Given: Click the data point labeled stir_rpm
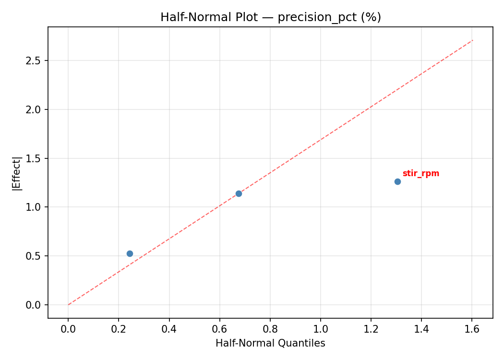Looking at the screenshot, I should tap(397, 181).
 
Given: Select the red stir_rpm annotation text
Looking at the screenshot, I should tap(420, 174).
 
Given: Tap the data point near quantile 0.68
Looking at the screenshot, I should tap(239, 193).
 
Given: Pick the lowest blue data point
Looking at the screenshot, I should tap(130, 253).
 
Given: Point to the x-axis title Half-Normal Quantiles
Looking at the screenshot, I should tap(270, 343).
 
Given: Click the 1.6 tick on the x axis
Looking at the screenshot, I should tap(472, 329).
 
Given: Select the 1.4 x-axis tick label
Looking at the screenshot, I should tap(421, 329).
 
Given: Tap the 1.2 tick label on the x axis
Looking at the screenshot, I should tap(371, 329).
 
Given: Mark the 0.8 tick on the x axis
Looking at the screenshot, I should tap(270, 329).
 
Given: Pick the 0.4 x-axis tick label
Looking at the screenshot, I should tap(169, 329).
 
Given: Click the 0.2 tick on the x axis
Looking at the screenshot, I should tap(119, 329).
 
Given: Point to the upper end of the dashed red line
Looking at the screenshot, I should tap(473, 40).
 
